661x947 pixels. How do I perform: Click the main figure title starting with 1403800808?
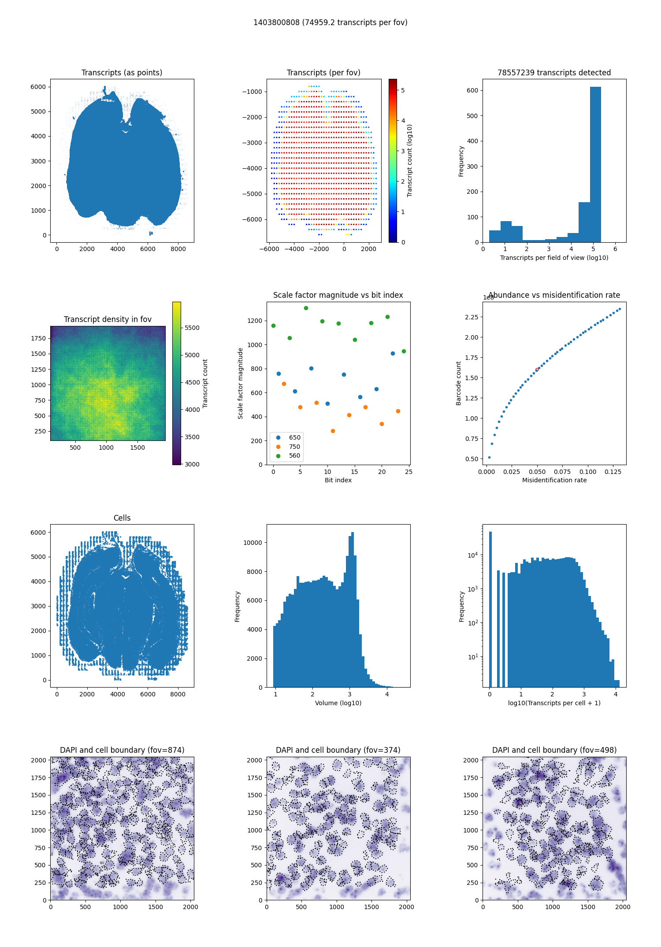coord(330,22)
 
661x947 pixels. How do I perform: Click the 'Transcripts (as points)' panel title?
coord(122,73)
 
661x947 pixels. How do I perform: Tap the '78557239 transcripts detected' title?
coord(554,73)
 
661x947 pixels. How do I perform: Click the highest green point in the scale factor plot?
coord(306,308)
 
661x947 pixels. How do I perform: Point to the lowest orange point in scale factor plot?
coord(333,431)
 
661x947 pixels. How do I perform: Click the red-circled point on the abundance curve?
coord(537,370)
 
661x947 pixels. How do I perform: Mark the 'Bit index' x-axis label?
coord(338,480)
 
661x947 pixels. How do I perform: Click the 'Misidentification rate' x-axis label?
coord(554,480)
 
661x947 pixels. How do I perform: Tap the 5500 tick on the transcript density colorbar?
coord(192,328)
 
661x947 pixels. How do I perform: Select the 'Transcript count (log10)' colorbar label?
coord(410,160)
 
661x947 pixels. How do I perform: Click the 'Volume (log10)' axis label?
coord(338,703)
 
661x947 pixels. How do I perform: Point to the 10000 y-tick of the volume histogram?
coord(253,543)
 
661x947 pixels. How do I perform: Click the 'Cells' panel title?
coord(122,518)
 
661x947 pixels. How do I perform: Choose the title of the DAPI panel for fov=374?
coord(338,750)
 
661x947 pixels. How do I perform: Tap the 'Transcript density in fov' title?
coord(108,319)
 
